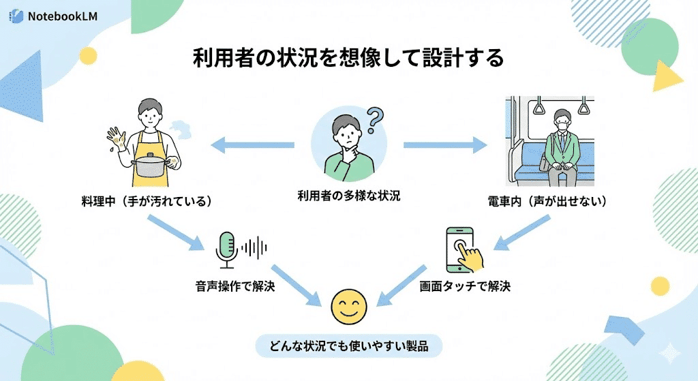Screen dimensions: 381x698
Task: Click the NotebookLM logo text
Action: tap(61, 15)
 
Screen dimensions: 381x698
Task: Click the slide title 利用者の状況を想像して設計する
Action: tap(348, 58)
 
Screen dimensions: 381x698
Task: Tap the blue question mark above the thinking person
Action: tap(373, 120)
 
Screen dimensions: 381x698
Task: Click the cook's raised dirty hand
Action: tap(118, 138)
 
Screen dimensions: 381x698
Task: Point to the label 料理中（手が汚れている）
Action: tap(146, 202)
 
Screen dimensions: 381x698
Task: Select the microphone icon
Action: tap(227, 248)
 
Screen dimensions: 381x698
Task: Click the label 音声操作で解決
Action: tap(235, 286)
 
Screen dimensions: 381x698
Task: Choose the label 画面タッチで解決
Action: tap(465, 286)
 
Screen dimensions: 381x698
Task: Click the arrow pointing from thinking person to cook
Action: tap(252, 145)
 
